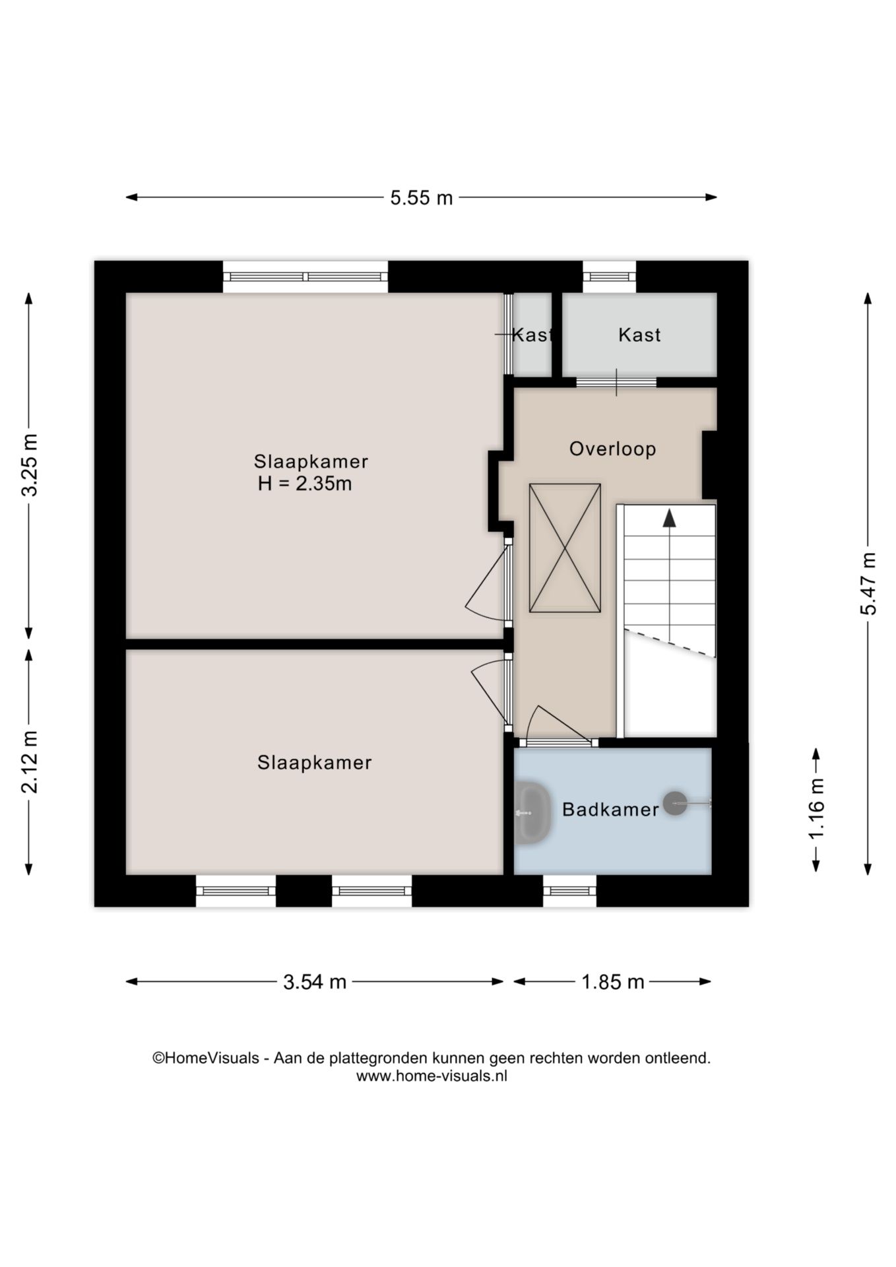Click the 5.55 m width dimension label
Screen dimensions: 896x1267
[421, 197]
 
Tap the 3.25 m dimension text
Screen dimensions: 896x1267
[30, 465]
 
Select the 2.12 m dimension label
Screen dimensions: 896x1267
[30, 762]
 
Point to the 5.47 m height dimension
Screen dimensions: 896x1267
[868, 583]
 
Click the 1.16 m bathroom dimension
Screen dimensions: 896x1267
[816, 809]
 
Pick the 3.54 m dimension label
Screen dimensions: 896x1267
[315, 982]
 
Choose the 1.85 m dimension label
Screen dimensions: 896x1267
[612, 982]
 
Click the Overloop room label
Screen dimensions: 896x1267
[612, 449]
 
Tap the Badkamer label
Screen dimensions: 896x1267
[610, 810]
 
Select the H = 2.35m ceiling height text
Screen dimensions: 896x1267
[305, 484]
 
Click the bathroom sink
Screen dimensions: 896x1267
[532, 812]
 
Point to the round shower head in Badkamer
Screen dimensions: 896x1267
[675, 802]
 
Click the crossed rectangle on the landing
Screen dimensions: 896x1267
[565, 548]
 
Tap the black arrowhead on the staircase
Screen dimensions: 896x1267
[670, 518]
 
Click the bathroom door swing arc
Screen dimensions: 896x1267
[561, 721]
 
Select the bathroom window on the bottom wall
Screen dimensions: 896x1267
[569, 891]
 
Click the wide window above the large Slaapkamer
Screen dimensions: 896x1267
[305, 277]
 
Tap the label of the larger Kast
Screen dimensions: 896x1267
[639, 335]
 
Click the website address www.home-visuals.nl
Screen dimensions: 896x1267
[432, 1076]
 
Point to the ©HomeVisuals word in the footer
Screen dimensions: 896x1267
[206, 1058]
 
